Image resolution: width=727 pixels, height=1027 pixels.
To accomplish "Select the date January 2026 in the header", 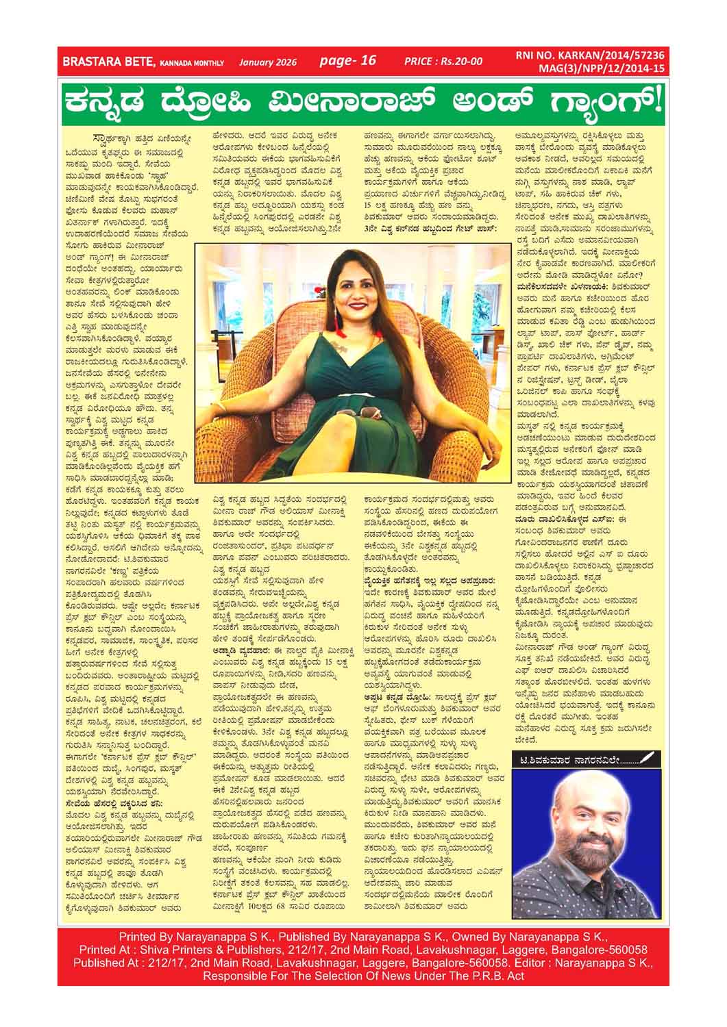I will point(267,62).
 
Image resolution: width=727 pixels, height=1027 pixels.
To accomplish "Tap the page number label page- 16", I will point(348,60).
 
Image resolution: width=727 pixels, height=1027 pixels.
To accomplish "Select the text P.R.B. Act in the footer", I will point(496,975).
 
